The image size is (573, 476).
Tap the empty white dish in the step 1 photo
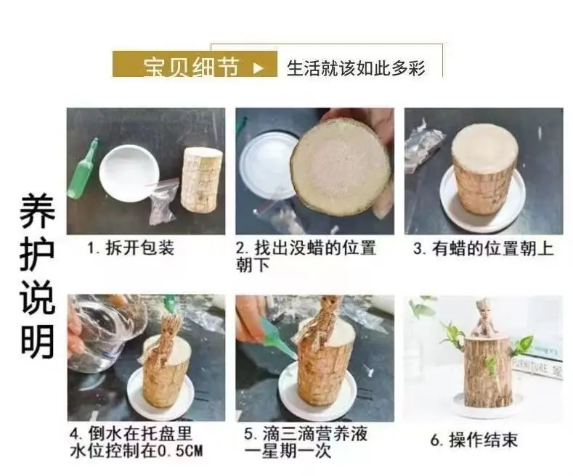(129, 173)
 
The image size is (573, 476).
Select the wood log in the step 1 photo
(201, 180)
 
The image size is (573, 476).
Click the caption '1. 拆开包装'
(131, 248)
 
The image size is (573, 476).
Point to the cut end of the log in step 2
(340, 163)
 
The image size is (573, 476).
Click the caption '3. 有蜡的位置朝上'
(484, 249)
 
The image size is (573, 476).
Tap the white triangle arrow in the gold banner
(258, 67)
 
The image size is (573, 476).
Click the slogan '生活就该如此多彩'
(356, 68)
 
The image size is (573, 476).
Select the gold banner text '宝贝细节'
(191, 67)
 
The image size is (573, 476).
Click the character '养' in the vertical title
(37, 211)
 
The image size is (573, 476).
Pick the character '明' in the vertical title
(37, 341)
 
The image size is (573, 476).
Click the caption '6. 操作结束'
(474, 440)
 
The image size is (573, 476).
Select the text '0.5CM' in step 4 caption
(179, 451)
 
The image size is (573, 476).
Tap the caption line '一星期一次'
(288, 451)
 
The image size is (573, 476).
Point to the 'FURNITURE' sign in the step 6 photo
(536, 366)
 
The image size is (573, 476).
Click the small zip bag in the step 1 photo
(163, 202)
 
